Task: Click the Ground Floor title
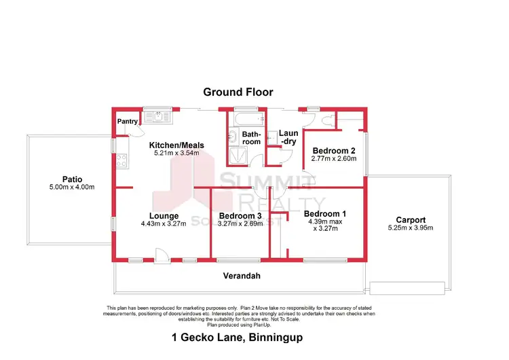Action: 238,92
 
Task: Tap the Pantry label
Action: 127,122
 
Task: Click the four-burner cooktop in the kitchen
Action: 123,162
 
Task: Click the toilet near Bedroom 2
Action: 328,122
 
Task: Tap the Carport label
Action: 411,219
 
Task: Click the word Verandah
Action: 242,276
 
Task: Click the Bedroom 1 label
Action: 324,213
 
